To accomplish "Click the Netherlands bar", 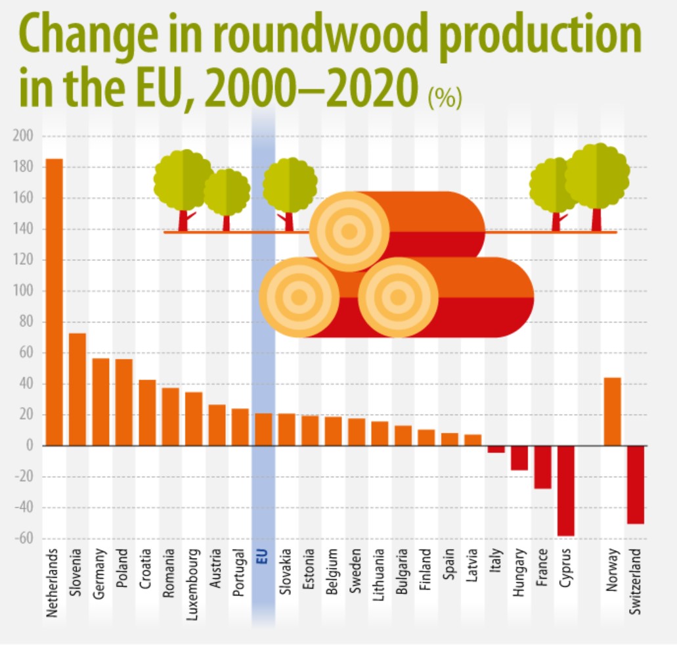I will pyautogui.click(x=54, y=302).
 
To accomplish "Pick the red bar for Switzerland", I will pyautogui.click(x=635, y=484).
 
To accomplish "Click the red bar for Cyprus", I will pyautogui.click(x=565, y=490).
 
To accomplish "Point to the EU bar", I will pyautogui.click(x=263, y=429).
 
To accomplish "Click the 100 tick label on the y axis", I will pyautogui.click(x=23, y=291).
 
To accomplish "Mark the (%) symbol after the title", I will pyautogui.click(x=445, y=99).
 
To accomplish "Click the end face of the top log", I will pyautogui.click(x=349, y=231).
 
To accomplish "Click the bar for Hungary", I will pyautogui.click(x=519, y=458).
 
